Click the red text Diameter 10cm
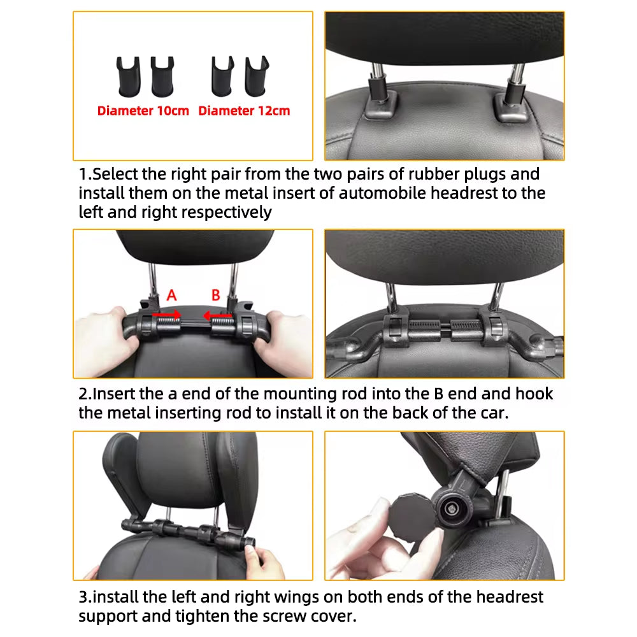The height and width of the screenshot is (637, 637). point(143,111)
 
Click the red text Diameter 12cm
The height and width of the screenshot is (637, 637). point(244,111)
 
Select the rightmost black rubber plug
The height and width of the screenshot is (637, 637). point(256,73)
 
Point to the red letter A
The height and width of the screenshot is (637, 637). point(171,295)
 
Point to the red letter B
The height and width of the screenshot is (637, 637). point(216,295)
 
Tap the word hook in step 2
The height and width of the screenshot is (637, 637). point(536,394)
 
